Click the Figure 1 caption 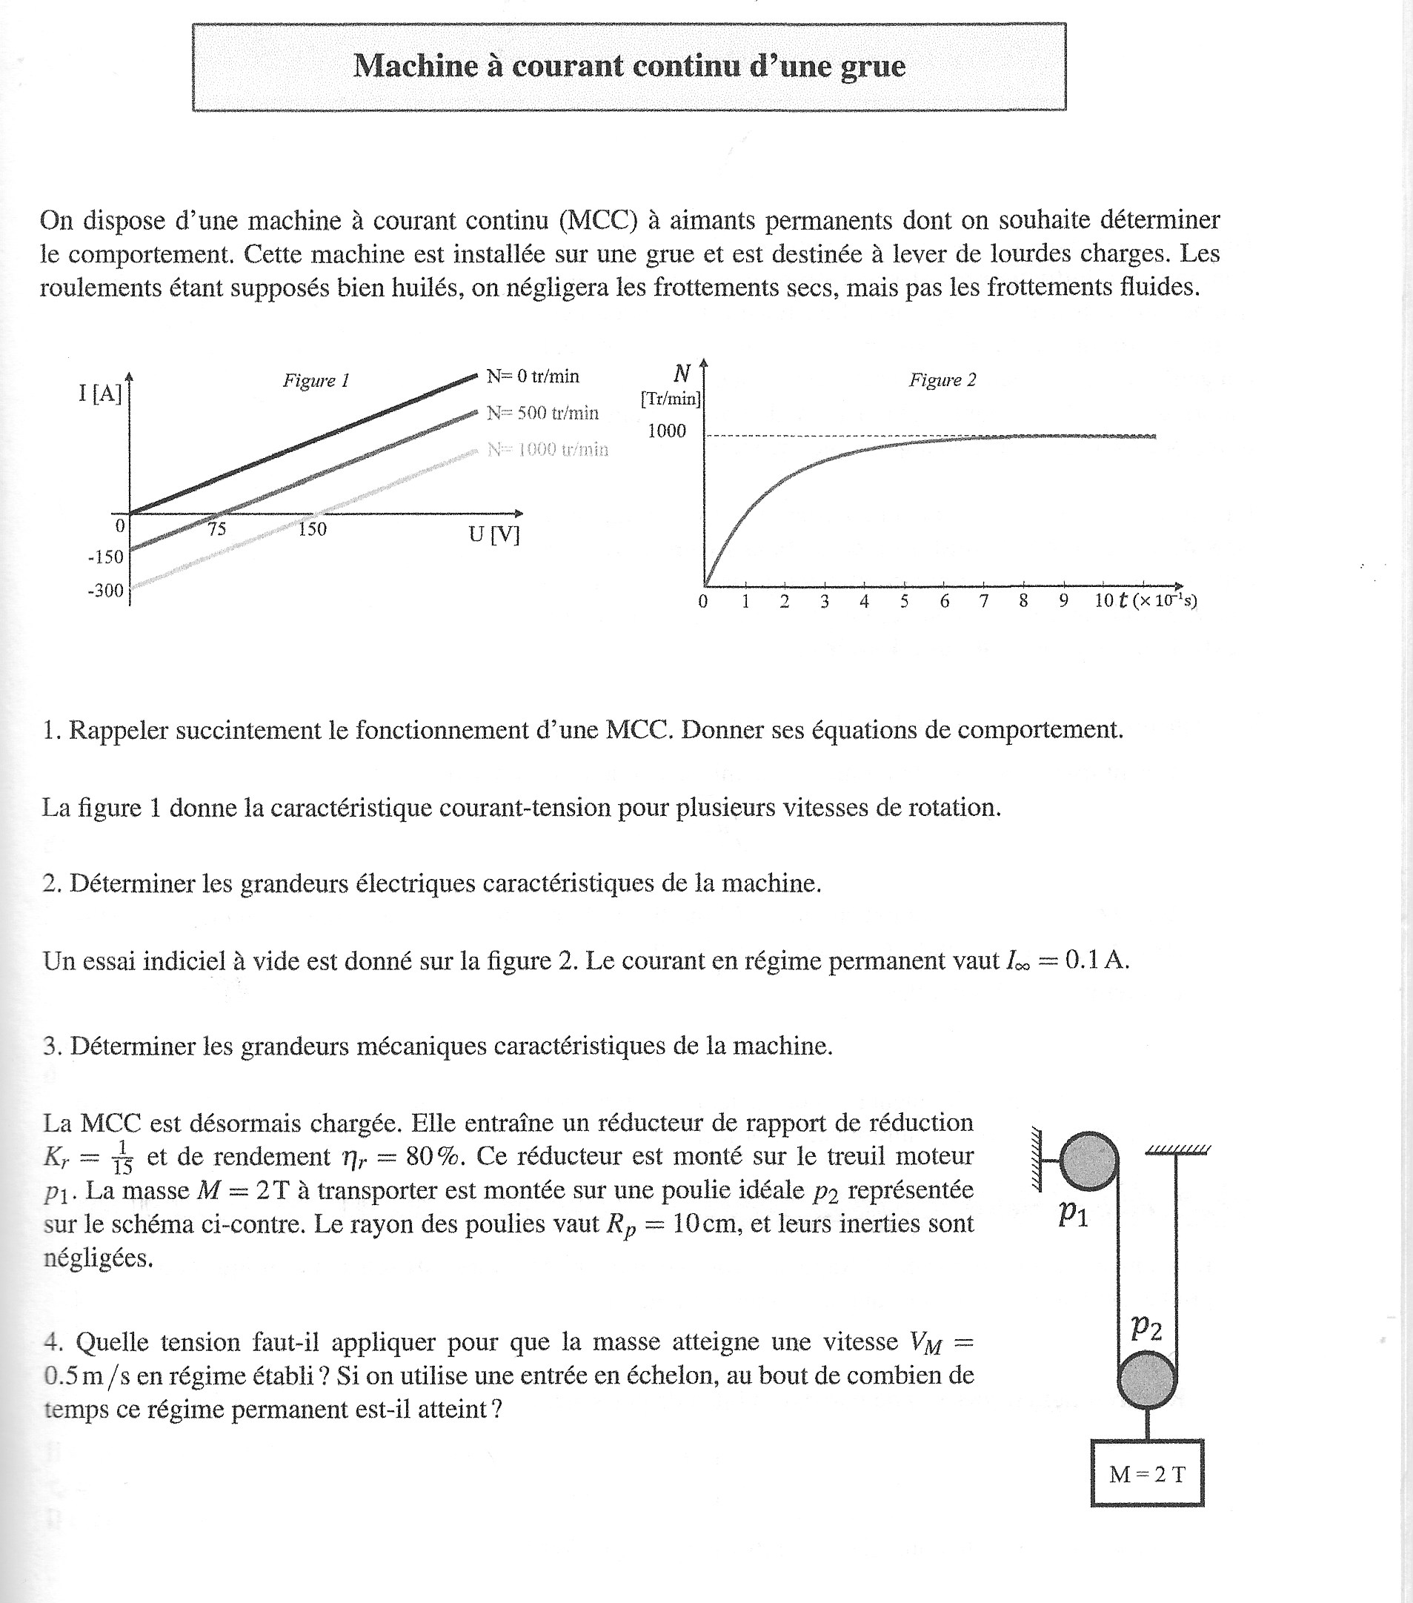pyautogui.click(x=316, y=381)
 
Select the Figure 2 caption pyautogui.click(x=942, y=380)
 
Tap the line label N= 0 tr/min pyautogui.click(x=533, y=376)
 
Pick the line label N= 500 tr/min pyautogui.click(x=542, y=414)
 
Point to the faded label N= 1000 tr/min pyautogui.click(x=548, y=449)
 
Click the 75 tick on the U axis pyautogui.click(x=217, y=529)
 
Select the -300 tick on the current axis pyautogui.click(x=106, y=591)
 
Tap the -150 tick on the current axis pyautogui.click(x=106, y=557)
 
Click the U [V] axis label pyautogui.click(x=494, y=535)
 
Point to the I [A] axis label pyautogui.click(x=100, y=393)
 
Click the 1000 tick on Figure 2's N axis pyautogui.click(x=667, y=431)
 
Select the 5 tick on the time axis pyautogui.click(x=904, y=602)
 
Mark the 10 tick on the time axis pyautogui.click(x=1104, y=602)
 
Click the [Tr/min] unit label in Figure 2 pyautogui.click(x=671, y=399)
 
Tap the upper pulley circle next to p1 pyautogui.click(x=1089, y=1161)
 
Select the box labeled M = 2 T pyautogui.click(x=1146, y=1474)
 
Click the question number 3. pyautogui.click(x=52, y=1046)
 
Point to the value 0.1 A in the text pyautogui.click(x=1096, y=961)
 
